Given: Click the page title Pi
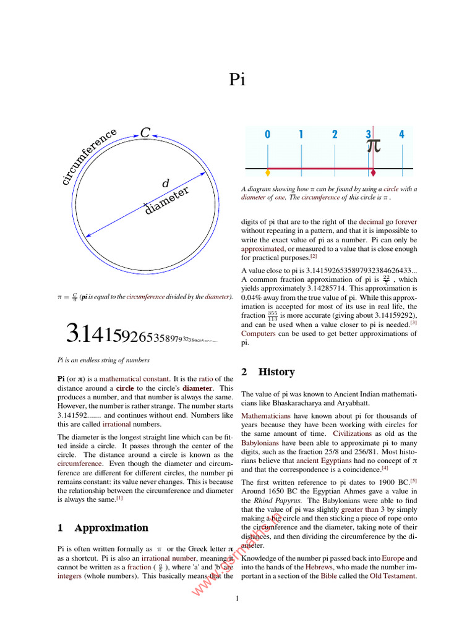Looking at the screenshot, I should tap(238, 80).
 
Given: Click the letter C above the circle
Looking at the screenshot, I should tap(145, 133).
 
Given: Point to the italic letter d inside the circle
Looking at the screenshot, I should tap(165, 184).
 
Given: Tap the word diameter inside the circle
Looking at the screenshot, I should tap(166, 201).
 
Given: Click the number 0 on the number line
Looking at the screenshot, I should tap(267, 134).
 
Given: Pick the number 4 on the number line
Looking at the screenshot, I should tap(402, 134).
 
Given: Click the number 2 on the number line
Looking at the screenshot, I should tap(335, 134).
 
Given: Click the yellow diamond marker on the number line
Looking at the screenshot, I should tap(267, 172).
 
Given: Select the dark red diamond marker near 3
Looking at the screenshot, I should tap(372, 172).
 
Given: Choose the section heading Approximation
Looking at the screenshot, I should tap(111, 528).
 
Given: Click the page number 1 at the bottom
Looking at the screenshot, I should tap(237, 598).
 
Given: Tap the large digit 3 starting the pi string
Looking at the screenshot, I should tap(72, 334).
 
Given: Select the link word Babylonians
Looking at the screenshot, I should tap(260, 443).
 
